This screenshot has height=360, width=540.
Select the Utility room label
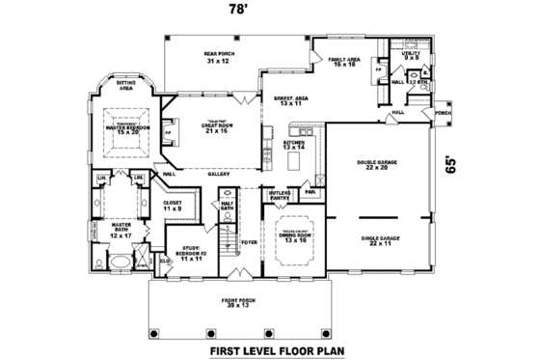(412, 56)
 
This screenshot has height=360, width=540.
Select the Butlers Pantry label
(281, 196)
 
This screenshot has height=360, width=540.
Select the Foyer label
(249, 243)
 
